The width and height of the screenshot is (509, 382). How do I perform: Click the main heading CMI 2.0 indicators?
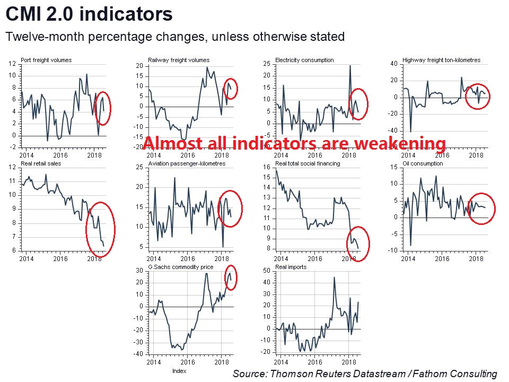(89, 14)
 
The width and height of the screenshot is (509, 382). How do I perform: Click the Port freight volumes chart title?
(46, 60)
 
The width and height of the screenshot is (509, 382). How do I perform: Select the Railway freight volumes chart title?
(179, 60)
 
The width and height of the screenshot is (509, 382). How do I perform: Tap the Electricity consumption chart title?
(304, 60)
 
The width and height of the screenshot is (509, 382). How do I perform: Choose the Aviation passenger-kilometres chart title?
(187, 164)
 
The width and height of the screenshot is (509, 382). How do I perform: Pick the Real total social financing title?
(308, 164)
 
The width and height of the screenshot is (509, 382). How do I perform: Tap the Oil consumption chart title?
(423, 164)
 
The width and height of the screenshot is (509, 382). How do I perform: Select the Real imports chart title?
(291, 267)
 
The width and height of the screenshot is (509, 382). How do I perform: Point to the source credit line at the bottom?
(365, 374)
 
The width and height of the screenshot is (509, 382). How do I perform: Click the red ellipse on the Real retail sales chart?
(101, 229)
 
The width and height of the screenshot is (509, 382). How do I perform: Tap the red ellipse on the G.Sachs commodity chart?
(232, 277)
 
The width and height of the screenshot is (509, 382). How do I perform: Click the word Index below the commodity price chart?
(179, 371)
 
